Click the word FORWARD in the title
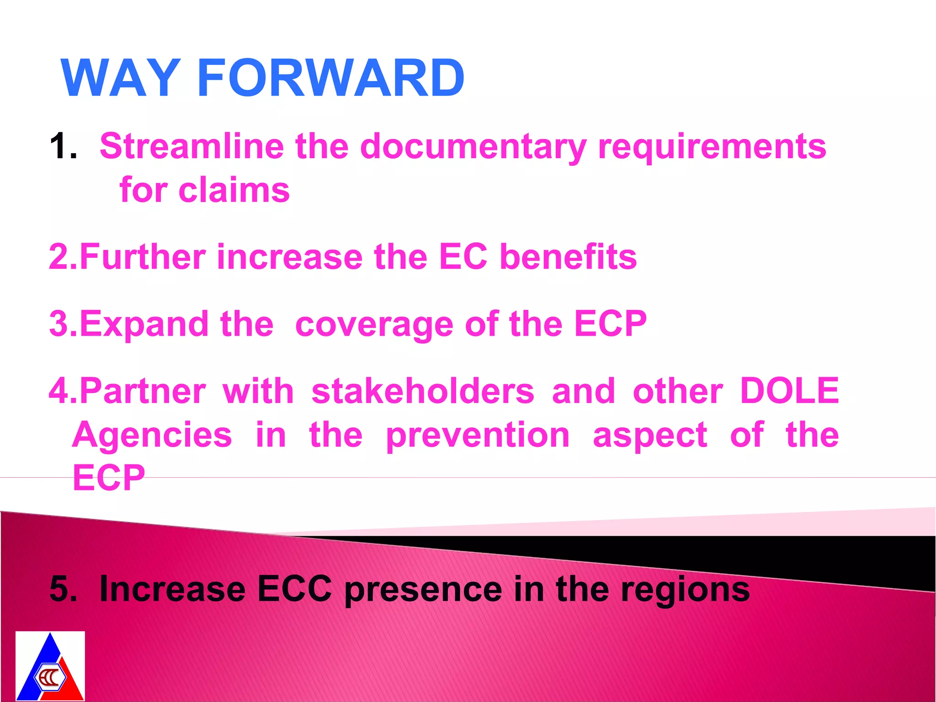pyautogui.click(x=331, y=78)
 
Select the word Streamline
pyautogui.click(x=191, y=146)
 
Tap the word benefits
pyautogui.click(x=568, y=257)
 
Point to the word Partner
pyautogui.click(x=143, y=391)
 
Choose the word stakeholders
pyautogui.click(x=423, y=391)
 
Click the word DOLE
pyautogui.click(x=789, y=391)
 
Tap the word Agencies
pyautogui.click(x=152, y=435)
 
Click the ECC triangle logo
pyautogui.click(x=50, y=666)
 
